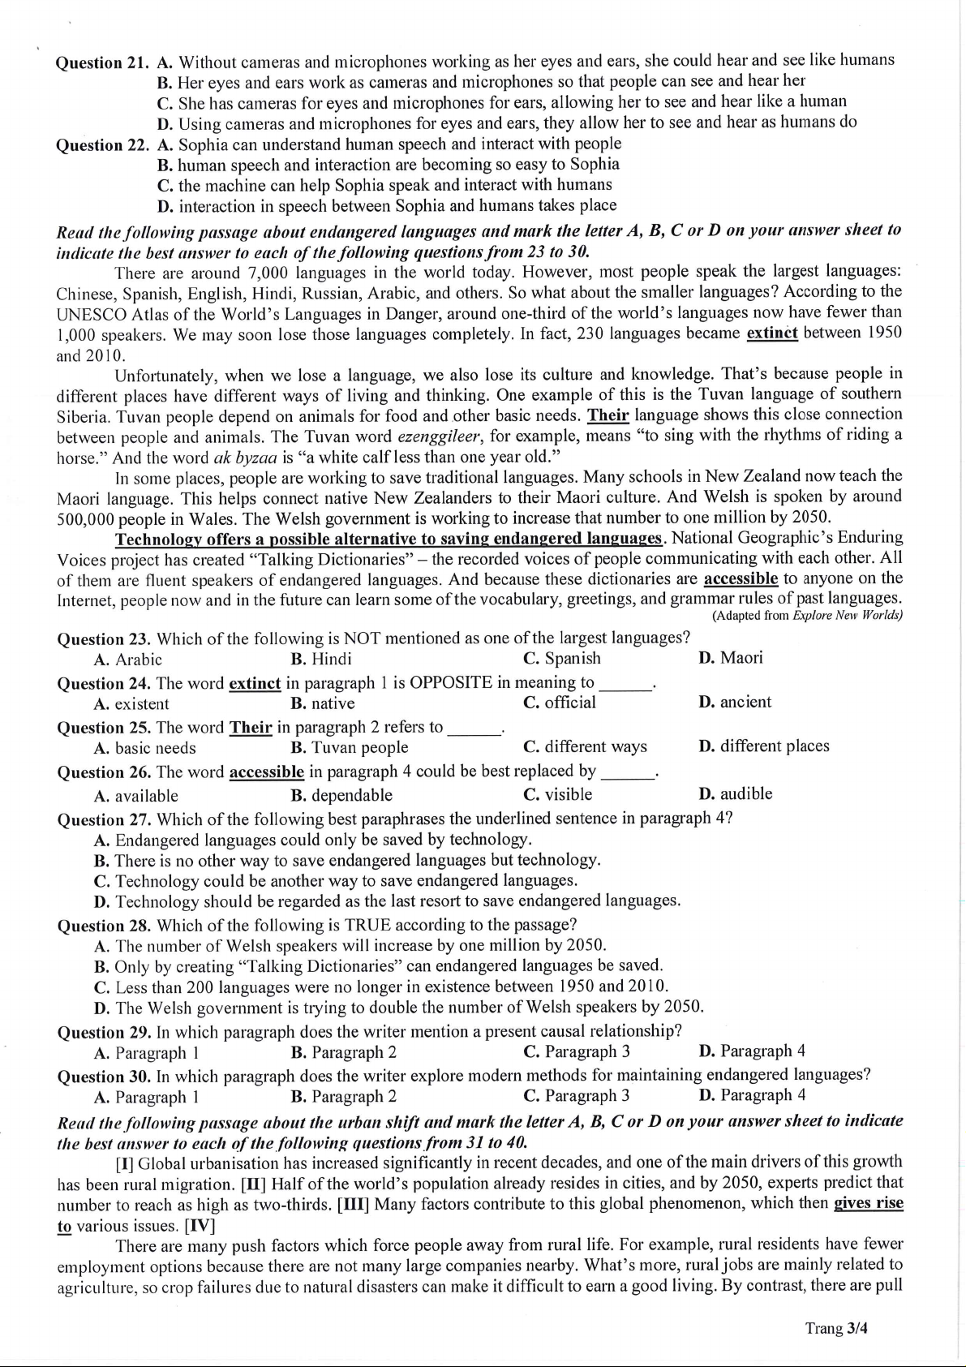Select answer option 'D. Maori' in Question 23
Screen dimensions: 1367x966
click(730, 657)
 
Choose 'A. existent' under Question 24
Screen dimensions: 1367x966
click(131, 704)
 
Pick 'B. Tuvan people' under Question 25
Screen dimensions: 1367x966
click(349, 747)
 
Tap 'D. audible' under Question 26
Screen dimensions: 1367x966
click(735, 793)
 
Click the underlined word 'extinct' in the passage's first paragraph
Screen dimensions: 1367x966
click(771, 333)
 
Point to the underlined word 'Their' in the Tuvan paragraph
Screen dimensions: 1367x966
click(608, 415)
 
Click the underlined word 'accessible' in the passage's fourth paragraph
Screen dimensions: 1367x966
click(741, 578)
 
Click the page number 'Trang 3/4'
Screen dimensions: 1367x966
click(836, 1328)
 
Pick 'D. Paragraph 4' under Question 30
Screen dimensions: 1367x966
click(751, 1095)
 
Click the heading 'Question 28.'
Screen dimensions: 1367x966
click(104, 926)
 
